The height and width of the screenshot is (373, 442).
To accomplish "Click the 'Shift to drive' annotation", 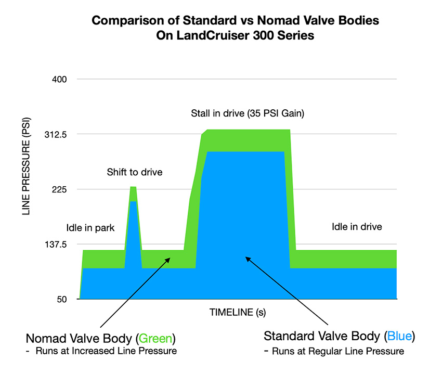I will [x=135, y=172].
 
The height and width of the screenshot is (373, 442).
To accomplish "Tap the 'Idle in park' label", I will [x=90, y=228].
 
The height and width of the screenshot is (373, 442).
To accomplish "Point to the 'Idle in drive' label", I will [x=357, y=227].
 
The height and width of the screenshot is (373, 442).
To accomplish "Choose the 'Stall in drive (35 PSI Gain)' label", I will [x=246, y=113].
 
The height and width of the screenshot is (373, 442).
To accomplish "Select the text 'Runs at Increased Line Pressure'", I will [x=106, y=351].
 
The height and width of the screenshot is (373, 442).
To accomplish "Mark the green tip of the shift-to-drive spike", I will [x=133, y=187].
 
